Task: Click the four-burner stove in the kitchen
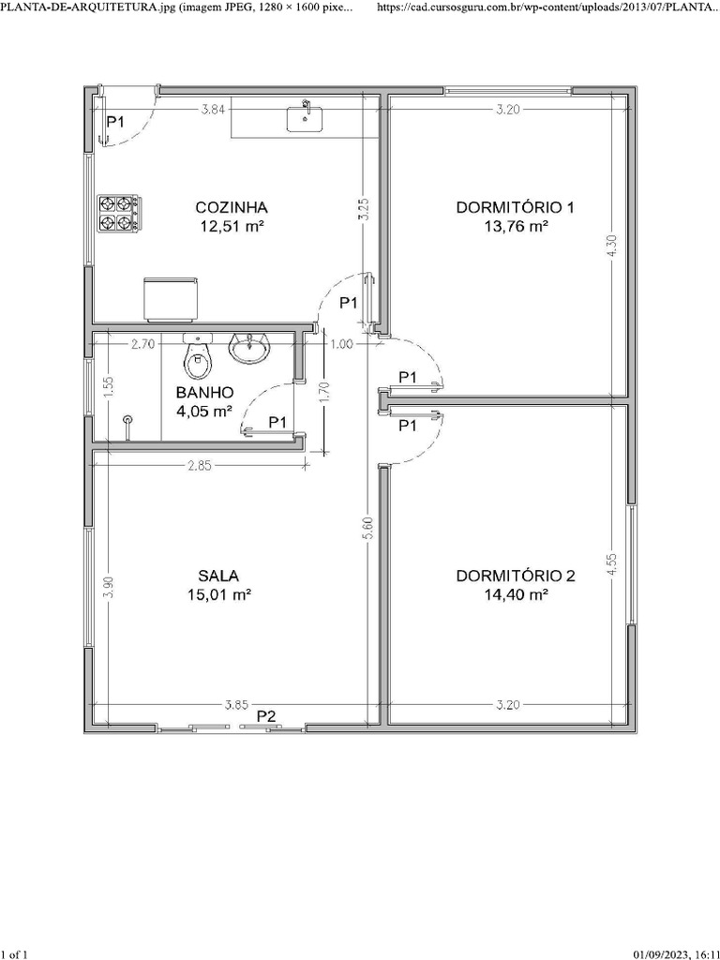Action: point(118,213)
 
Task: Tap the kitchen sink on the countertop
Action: point(305,117)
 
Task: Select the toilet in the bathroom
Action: point(197,356)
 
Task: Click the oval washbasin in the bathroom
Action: point(247,349)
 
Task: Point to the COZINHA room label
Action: point(232,207)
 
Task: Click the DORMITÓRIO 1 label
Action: point(515,207)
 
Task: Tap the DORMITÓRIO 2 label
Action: point(516,577)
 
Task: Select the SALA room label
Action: point(218,577)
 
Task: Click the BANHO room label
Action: point(204,393)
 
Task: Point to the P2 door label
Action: point(266,715)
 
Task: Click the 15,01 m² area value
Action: point(219,594)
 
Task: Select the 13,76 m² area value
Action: point(516,227)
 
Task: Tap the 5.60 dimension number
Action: point(367,529)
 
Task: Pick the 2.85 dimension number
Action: point(200,466)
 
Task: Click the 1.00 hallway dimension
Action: point(341,344)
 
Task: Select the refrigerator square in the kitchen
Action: point(171,299)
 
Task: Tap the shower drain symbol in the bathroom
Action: point(127,421)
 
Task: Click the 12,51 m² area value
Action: point(232,227)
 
